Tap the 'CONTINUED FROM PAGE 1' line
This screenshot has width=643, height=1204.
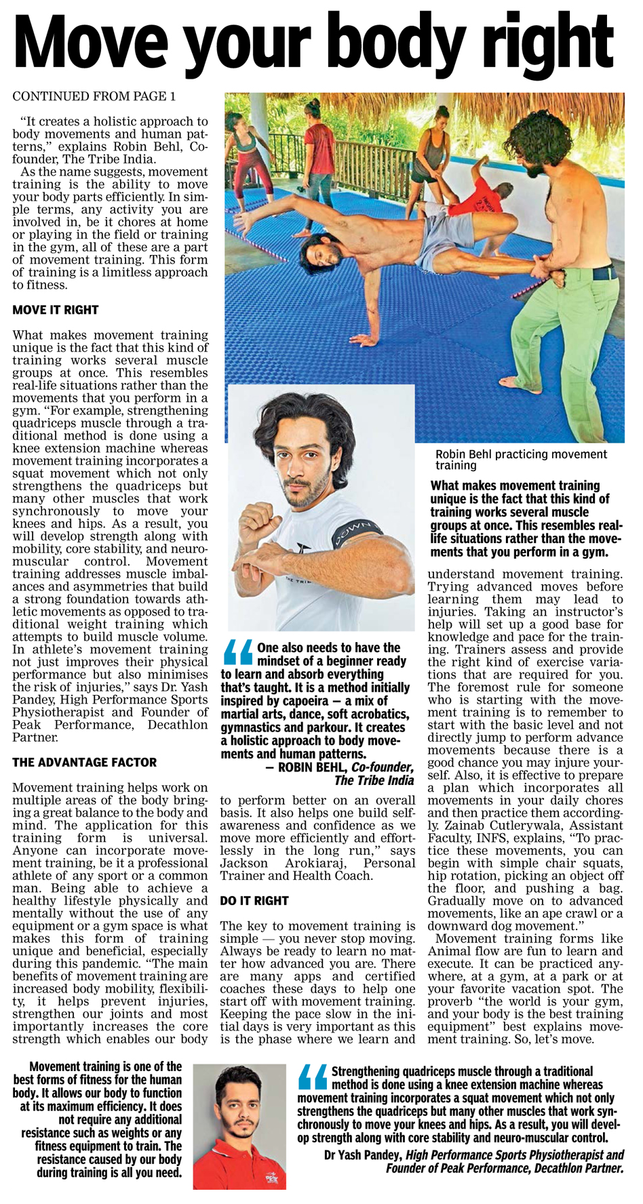[x=94, y=96]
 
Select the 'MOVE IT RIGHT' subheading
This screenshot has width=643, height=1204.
[x=56, y=310]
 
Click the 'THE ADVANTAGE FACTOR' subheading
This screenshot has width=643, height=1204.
[x=84, y=762]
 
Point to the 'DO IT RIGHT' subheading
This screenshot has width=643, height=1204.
[x=254, y=900]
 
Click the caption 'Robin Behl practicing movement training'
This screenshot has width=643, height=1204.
[x=521, y=460]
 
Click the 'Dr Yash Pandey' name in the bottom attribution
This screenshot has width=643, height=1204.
[x=363, y=1155]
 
